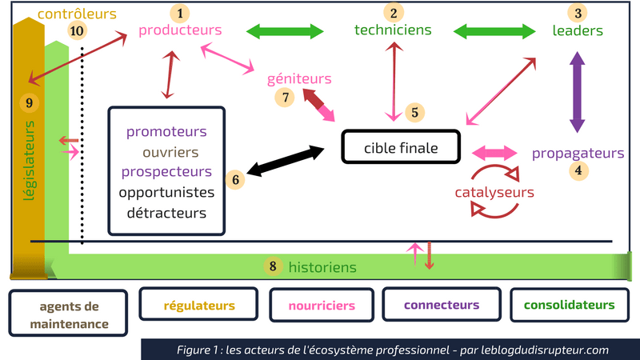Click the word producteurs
[x=180, y=30]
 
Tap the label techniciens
[x=393, y=30]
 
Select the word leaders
[x=578, y=31]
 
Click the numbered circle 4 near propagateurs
[x=578, y=170]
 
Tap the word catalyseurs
[x=494, y=193]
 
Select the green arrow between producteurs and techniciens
[x=284, y=31]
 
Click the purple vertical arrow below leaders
[x=577, y=94]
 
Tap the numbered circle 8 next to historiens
[x=274, y=266]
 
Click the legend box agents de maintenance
[x=69, y=314]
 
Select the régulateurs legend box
[x=199, y=306]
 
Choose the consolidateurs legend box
[x=569, y=305]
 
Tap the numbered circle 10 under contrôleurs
[x=77, y=31]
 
